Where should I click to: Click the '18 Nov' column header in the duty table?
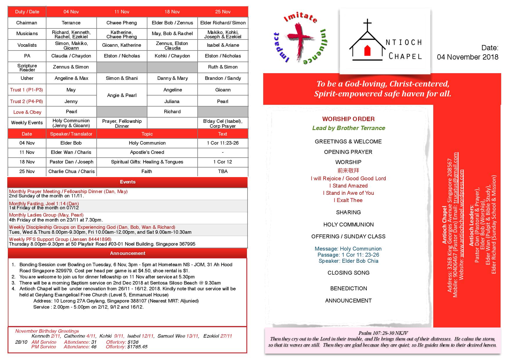[x=172, y=12]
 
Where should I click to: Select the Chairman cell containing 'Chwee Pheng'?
[x=122, y=23]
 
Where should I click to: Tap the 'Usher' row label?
[x=27, y=78]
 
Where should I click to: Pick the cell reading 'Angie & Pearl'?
[x=122, y=95]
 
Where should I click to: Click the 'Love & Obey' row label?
[x=27, y=112]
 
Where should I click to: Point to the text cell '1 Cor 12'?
[x=223, y=162]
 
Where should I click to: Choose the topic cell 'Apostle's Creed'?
[x=147, y=152]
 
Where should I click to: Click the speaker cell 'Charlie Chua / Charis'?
[x=71, y=171]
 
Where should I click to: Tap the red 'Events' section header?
[x=128, y=182]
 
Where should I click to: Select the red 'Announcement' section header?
[x=128, y=253]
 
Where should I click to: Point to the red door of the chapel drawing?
[x=367, y=51]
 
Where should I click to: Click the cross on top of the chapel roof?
[x=367, y=24]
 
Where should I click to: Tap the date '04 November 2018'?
[x=468, y=57]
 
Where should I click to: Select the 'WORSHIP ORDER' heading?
[x=348, y=119]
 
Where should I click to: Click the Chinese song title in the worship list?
[x=348, y=170]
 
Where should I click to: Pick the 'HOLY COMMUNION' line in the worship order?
[x=348, y=224]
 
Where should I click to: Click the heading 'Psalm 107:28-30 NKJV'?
[x=383, y=333]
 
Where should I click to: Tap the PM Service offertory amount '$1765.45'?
[x=137, y=347]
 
